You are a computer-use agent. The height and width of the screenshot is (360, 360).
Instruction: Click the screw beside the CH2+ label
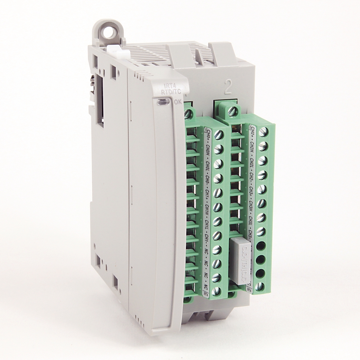[x=263, y=131]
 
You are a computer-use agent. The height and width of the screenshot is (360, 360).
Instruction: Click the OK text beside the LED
[x=177, y=102]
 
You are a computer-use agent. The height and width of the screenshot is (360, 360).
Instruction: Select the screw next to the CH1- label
[x=217, y=235]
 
